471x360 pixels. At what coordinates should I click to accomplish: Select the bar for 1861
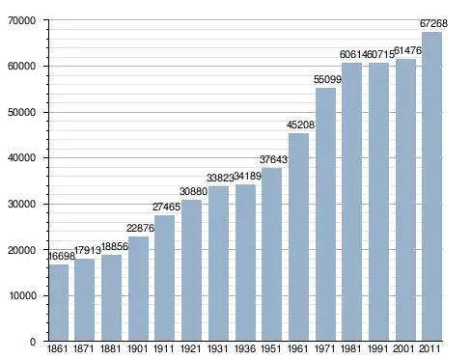(x=59, y=302)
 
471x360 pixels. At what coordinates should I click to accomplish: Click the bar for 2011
(x=431, y=186)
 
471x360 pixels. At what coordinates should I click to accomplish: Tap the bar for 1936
(x=245, y=263)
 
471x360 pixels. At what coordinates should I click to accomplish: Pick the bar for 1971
(x=325, y=214)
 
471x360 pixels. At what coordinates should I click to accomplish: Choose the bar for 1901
(x=138, y=289)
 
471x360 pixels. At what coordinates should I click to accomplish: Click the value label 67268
(x=433, y=23)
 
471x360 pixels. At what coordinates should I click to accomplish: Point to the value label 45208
(x=300, y=125)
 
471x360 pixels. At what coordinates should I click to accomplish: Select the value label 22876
(x=140, y=228)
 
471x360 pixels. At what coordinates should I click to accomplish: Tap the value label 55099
(x=327, y=79)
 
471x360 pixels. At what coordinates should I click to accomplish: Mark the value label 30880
(x=193, y=191)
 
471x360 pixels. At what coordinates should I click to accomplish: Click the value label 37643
(x=273, y=159)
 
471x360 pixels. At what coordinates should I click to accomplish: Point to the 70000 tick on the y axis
(x=21, y=20)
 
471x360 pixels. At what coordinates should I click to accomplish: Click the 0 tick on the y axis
(x=33, y=342)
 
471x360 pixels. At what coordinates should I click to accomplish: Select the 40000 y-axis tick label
(x=21, y=158)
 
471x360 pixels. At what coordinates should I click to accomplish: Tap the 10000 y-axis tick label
(x=21, y=295)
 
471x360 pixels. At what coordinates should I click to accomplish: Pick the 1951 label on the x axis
(x=271, y=348)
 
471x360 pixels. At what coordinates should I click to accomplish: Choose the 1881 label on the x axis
(x=110, y=348)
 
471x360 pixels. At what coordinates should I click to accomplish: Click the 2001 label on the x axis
(x=403, y=348)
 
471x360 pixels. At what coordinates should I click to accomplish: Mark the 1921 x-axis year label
(x=190, y=348)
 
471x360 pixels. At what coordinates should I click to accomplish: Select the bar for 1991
(x=378, y=202)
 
